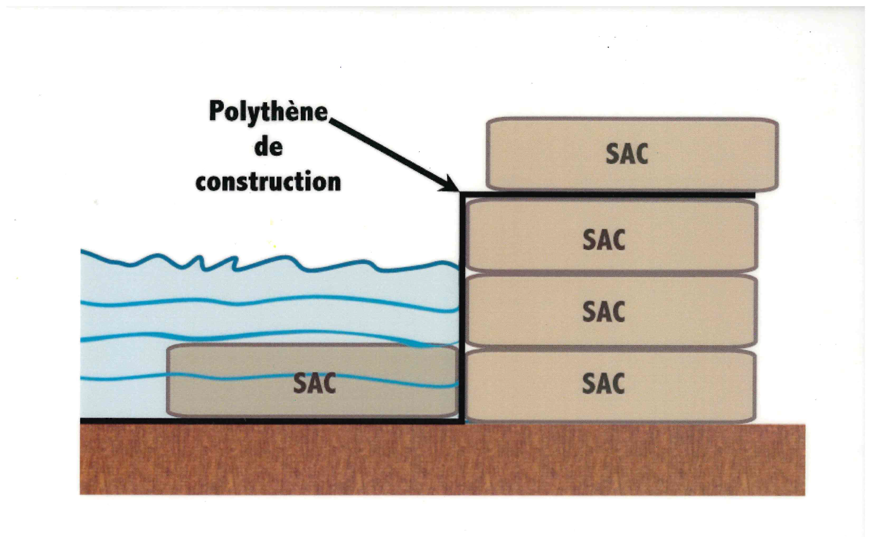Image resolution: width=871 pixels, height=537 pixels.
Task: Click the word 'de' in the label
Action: pos(268,147)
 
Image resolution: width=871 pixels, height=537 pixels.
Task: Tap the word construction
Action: pos(268,182)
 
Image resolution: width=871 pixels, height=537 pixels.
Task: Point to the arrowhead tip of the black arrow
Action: pos(457,190)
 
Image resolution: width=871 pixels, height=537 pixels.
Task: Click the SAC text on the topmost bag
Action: pos(627,154)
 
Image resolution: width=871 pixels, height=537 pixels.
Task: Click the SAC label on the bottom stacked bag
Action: pos(603,383)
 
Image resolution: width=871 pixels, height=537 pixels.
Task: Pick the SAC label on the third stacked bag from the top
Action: pos(603,311)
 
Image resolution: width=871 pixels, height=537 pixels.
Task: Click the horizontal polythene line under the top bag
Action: pos(607,195)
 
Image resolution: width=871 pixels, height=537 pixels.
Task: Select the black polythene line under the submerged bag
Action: pos(264,421)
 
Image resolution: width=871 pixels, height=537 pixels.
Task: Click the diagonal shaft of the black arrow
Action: pos(391,153)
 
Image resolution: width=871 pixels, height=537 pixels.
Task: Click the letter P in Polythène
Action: pos(215,111)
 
